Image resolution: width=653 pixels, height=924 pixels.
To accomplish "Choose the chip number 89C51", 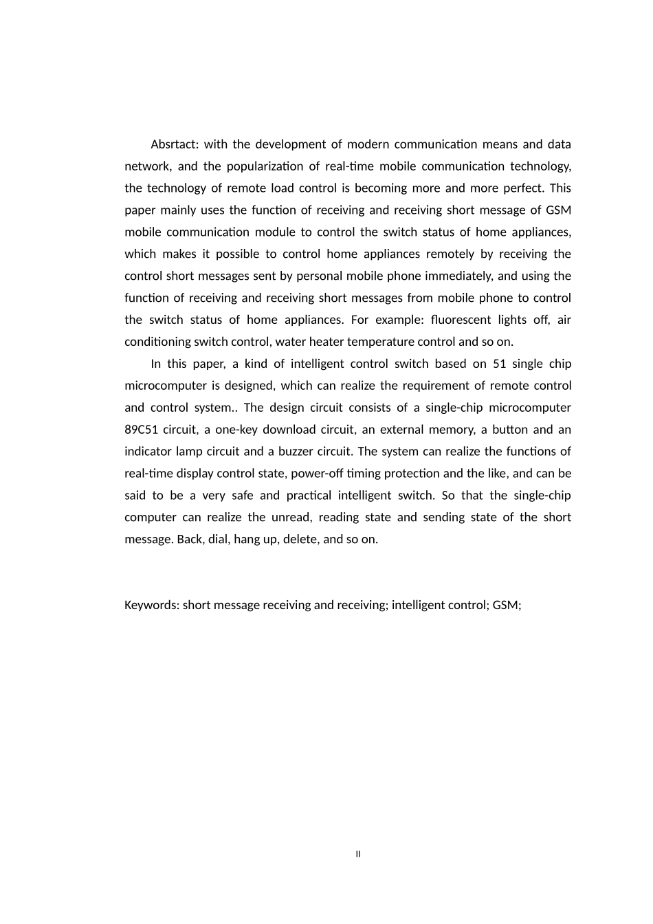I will click(x=140, y=430).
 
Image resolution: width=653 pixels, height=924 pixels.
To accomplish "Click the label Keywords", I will click(x=152, y=605).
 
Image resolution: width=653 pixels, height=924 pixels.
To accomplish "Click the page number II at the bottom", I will click(x=358, y=855).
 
